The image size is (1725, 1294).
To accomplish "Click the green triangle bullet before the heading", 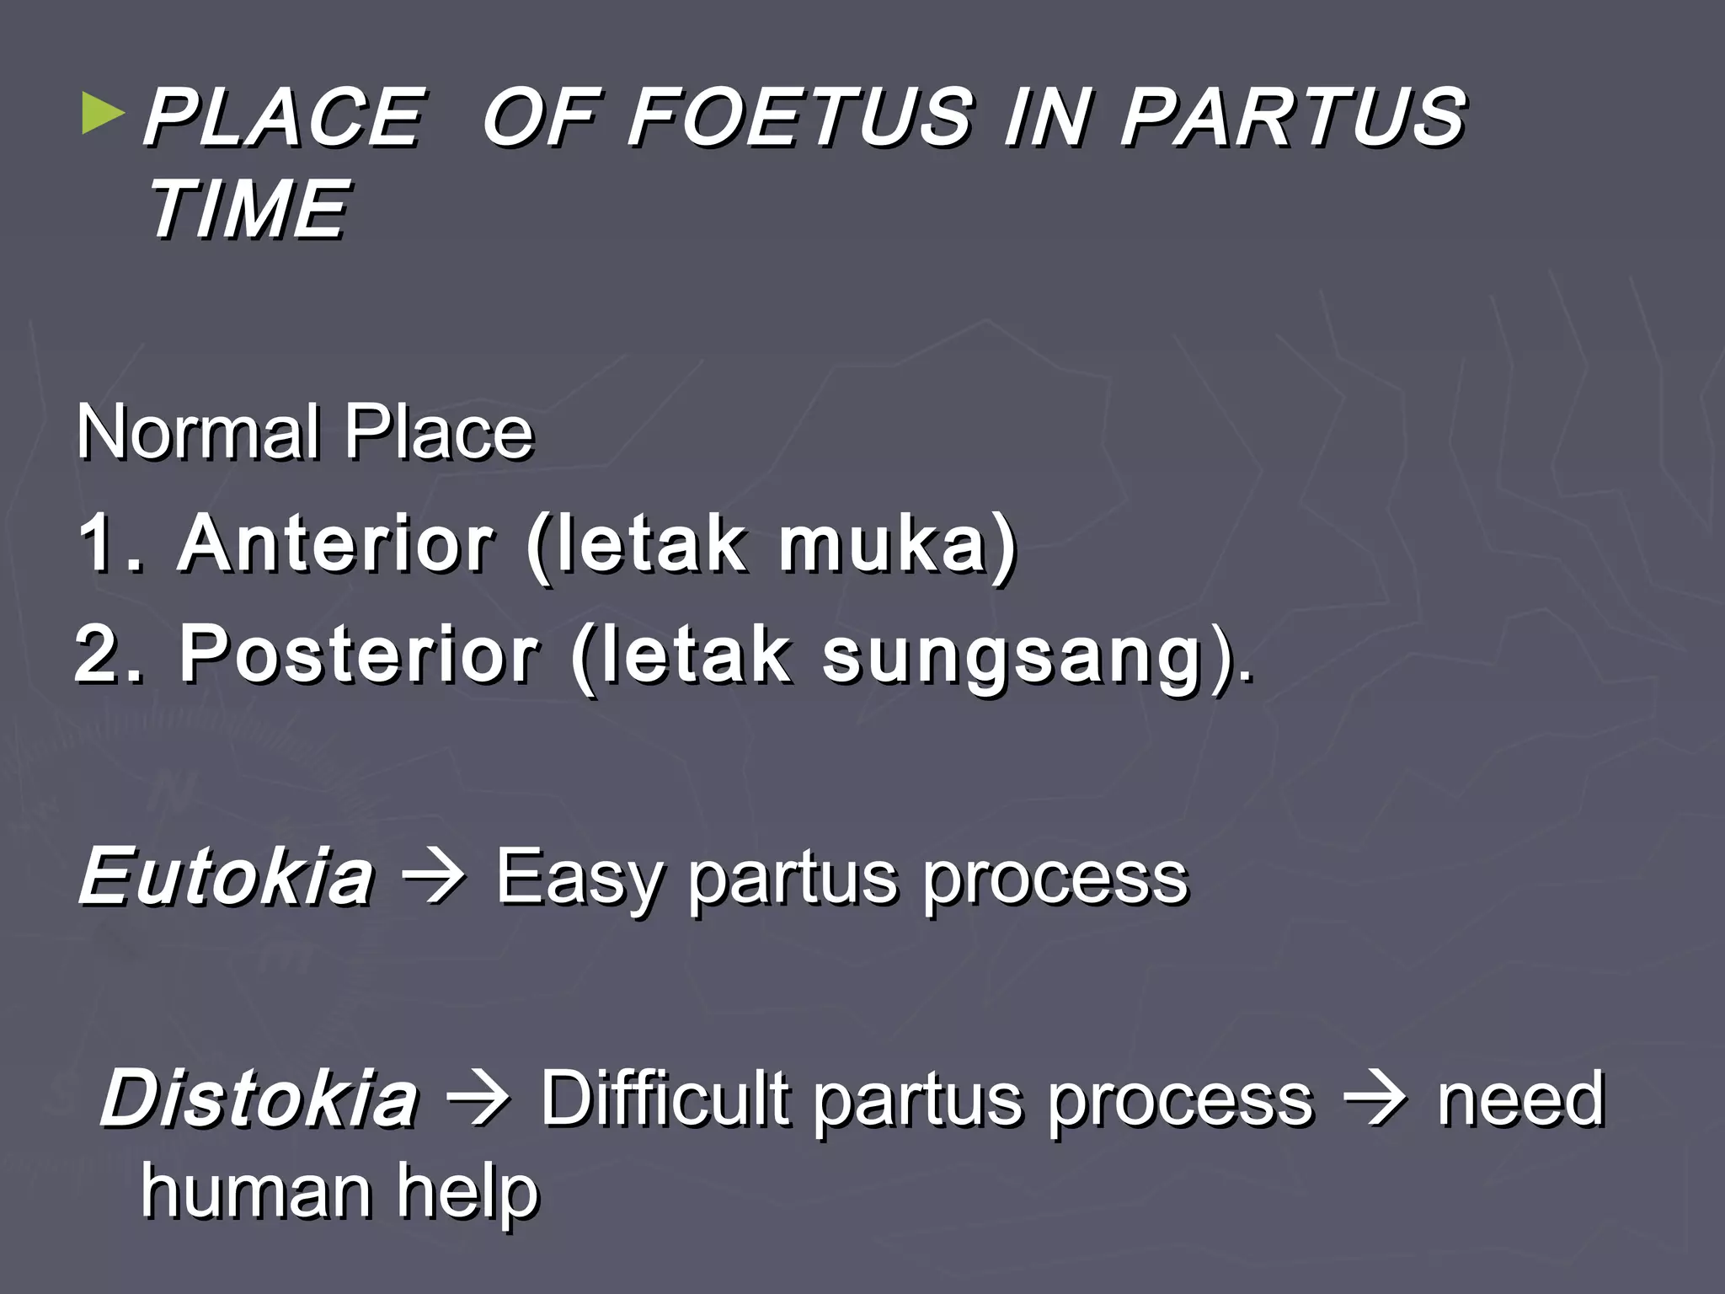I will [x=103, y=115].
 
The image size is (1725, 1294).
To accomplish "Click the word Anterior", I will [x=336, y=543].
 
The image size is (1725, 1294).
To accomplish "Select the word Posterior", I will [x=359, y=655].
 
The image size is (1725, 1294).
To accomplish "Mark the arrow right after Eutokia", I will [x=434, y=879].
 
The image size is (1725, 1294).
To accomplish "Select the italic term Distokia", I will [x=259, y=1098].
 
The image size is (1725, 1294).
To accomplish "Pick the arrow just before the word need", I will [x=1375, y=1099].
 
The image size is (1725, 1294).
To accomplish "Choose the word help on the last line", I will [x=467, y=1194].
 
